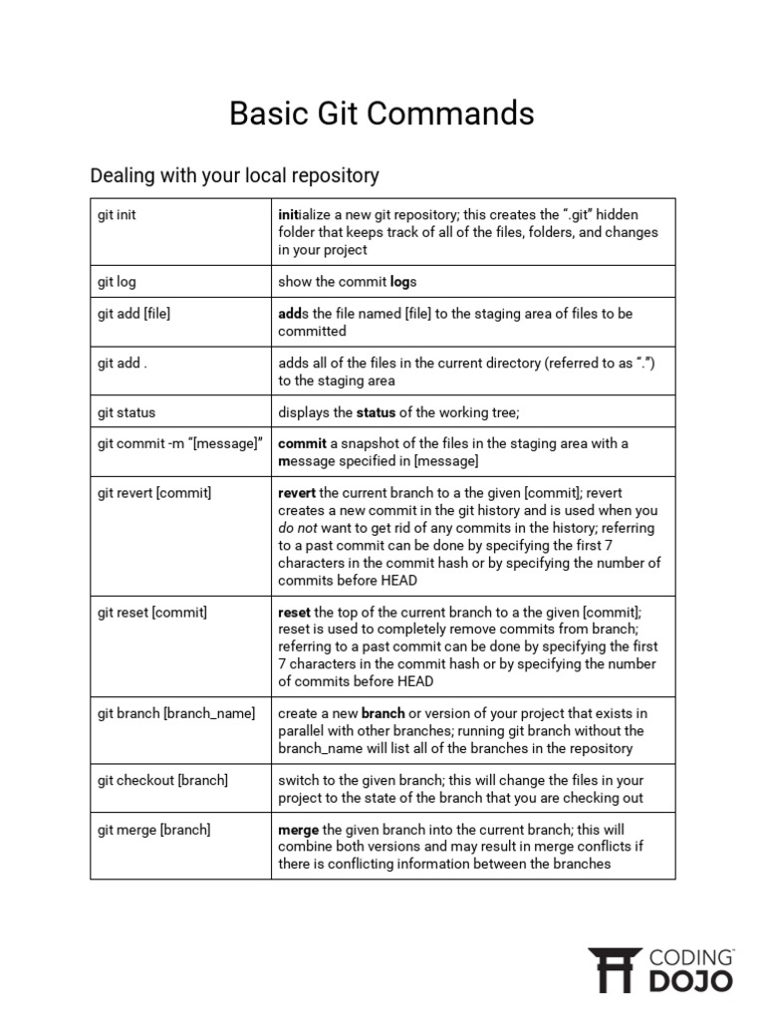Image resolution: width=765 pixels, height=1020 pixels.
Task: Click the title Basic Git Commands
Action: (382, 114)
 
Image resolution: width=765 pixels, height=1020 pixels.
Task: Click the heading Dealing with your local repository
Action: (234, 175)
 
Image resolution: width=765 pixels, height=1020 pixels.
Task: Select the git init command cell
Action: (118, 215)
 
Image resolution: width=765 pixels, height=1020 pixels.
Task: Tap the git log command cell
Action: (118, 282)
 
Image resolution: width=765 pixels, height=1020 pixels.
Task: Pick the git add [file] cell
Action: (134, 314)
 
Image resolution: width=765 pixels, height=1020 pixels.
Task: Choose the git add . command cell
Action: (123, 364)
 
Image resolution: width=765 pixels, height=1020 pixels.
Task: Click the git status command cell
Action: (127, 412)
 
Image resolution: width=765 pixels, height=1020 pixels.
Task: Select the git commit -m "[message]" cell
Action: (179, 443)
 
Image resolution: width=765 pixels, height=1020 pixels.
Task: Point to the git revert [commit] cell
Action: (154, 493)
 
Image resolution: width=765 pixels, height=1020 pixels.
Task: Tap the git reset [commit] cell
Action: (152, 613)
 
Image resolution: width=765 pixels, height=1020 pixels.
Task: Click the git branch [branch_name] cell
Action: (176, 713)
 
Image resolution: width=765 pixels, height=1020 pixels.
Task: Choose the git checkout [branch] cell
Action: (162, 780)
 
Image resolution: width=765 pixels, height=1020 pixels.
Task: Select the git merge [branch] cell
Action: (154, 830)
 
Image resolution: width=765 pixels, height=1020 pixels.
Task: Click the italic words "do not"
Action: (298, 528)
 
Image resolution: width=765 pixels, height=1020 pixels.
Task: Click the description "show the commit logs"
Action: (348, 282)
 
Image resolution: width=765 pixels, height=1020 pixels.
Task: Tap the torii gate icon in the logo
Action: (615, 970)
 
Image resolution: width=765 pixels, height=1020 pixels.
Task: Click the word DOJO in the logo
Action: (691, 981)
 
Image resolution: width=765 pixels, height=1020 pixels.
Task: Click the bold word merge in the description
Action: (298, 830)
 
